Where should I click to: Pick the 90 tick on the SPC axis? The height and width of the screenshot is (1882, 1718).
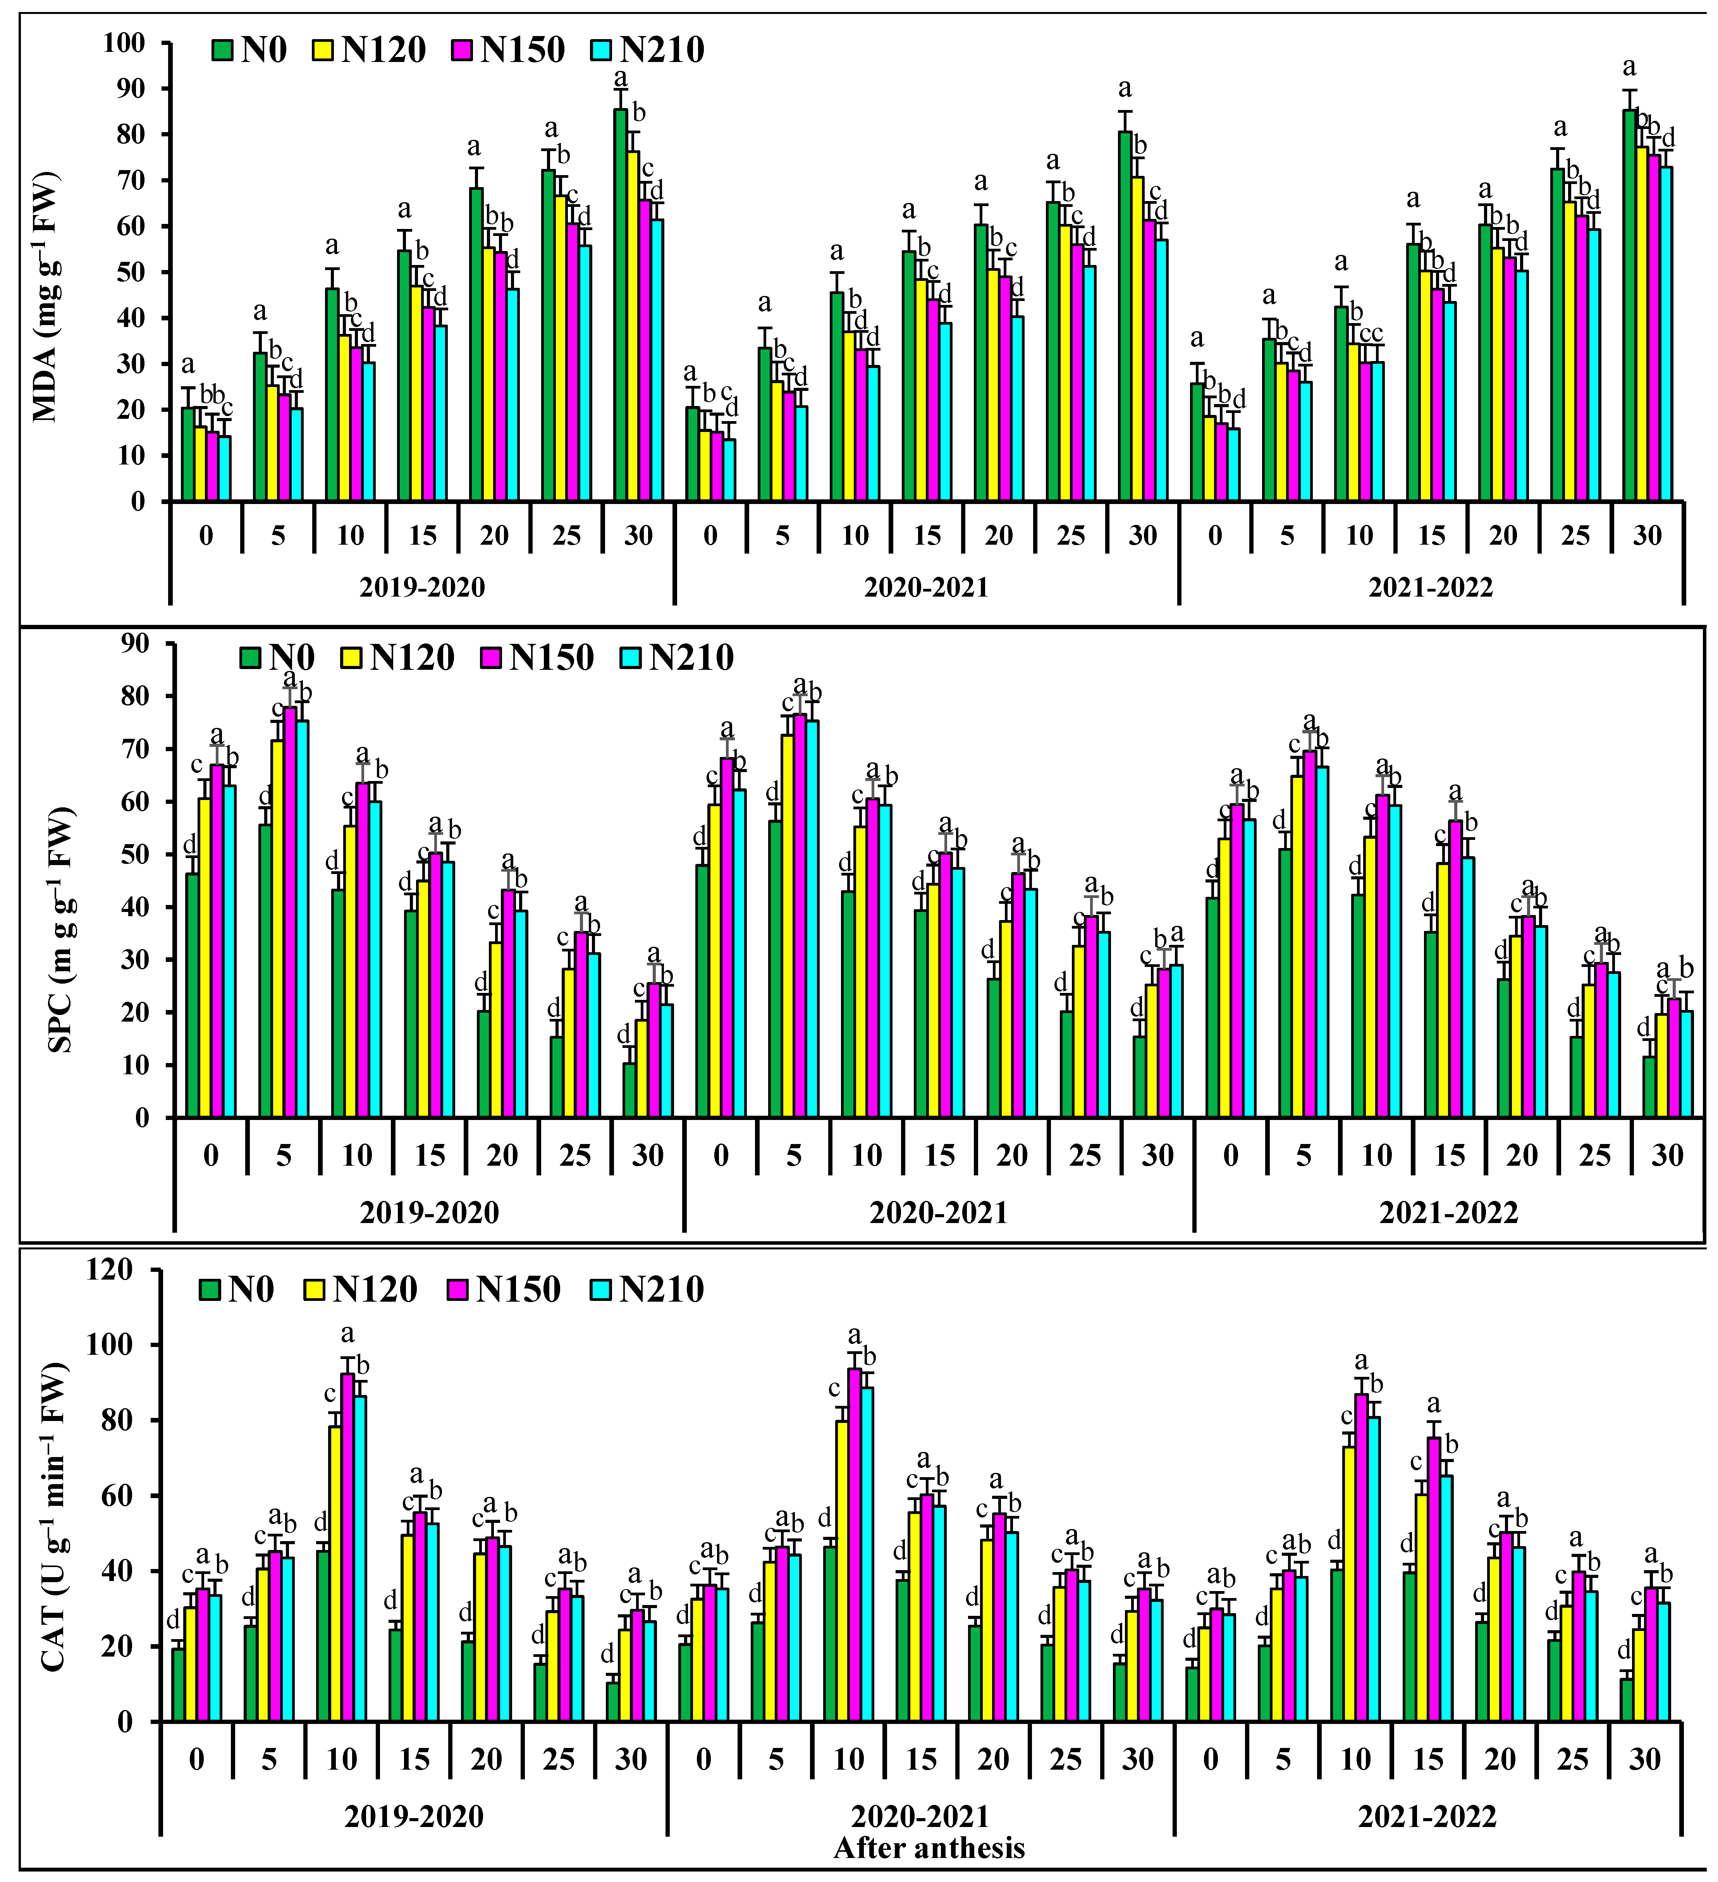[x=135, y=644]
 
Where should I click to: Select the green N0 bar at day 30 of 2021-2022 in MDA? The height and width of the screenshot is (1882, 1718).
[x=1629, y=305]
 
